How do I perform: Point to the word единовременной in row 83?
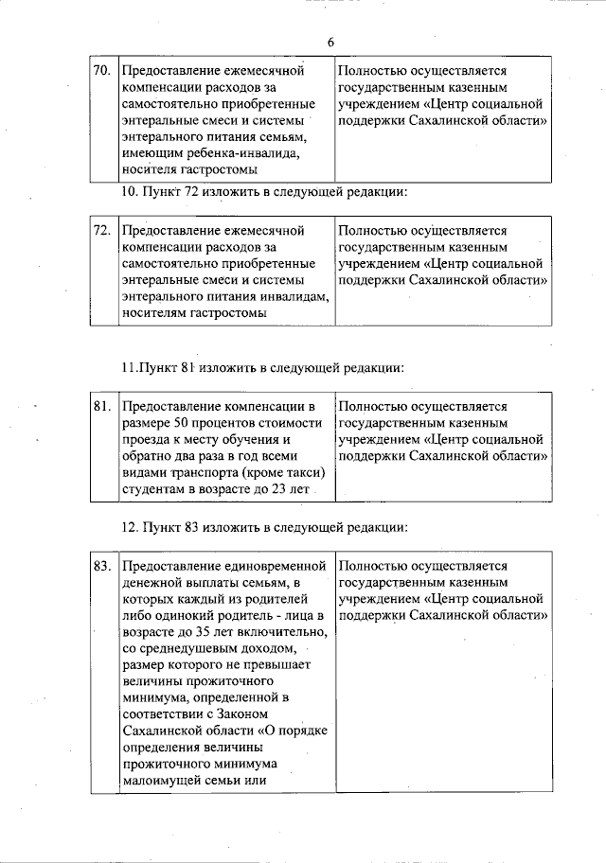270,566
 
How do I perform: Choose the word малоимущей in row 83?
161,782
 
